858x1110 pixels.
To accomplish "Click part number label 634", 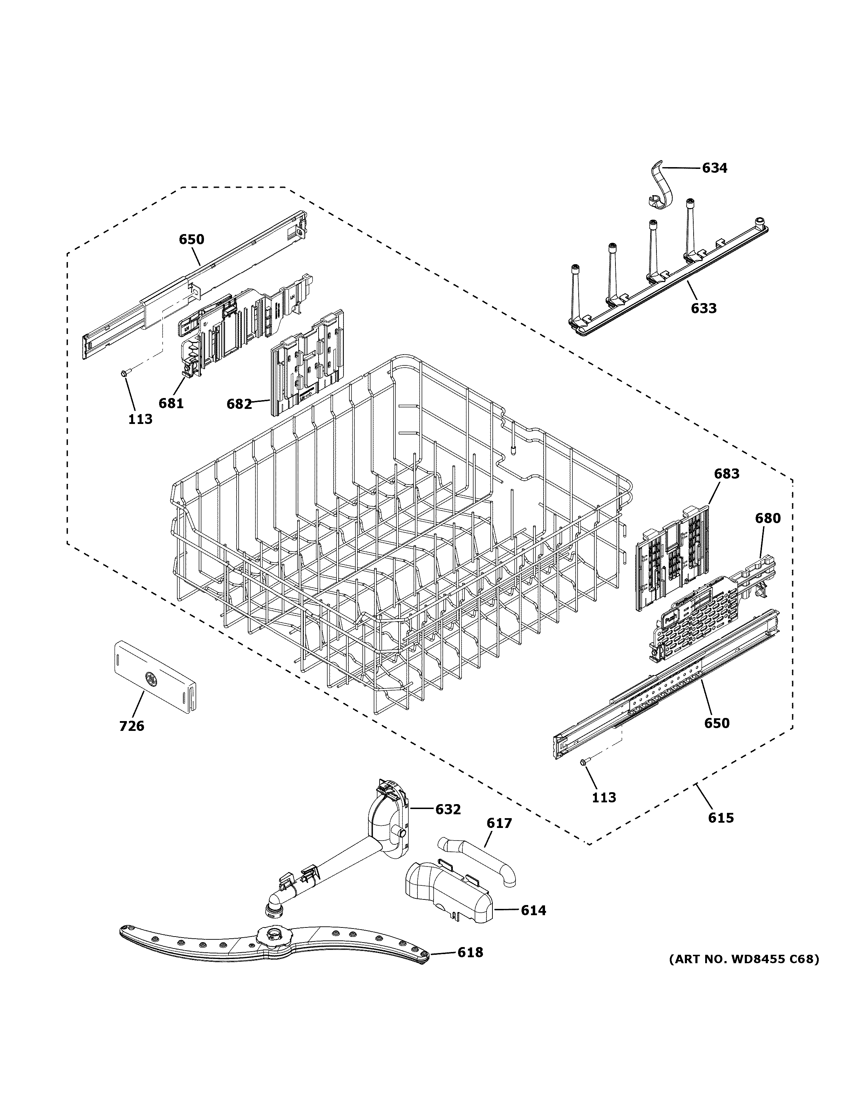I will point(714,168).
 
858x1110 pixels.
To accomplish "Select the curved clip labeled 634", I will point(661,188).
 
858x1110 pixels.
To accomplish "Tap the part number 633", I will point(703,308).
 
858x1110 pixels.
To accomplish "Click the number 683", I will point(726,474).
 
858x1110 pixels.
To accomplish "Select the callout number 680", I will point(768,519).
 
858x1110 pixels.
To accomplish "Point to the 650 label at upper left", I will point(191,239).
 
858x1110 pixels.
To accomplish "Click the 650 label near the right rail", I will point(717,723).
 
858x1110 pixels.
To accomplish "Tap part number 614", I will point(533,910).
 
